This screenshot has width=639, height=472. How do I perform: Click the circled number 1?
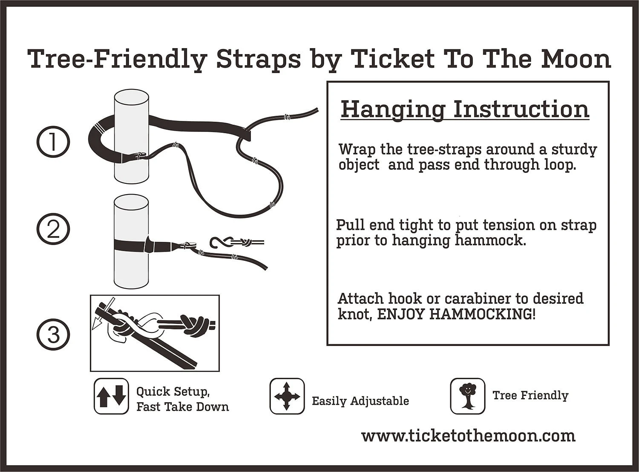pyautogui.click(x=53, y=142)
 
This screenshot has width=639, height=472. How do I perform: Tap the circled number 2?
pyautogui.click(x=53, y=230)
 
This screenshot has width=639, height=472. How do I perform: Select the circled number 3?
pyautogui.click(x=53, y=334)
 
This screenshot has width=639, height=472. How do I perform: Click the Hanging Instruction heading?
pyautogui.click(x=465, y=109)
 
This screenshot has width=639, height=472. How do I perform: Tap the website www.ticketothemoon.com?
pyautogui.click(x=468, y=435)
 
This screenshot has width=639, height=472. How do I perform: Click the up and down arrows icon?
pyautogui.click(x=111, y=396)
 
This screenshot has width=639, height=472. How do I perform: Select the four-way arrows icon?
pyautogui.click(x=287, y=396)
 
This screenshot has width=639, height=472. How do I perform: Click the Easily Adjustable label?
pyautogui.click(x=360, y=401)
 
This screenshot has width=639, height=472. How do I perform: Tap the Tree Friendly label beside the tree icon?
pyautogui.click(x=530, y=395)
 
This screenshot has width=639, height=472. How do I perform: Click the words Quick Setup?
pyautogui.click(x=173, y=392)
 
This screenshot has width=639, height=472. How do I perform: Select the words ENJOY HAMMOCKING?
pyautogui.click(x=457, y=314)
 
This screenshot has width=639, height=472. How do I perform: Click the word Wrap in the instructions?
pyautogui.click(x=357, y=150)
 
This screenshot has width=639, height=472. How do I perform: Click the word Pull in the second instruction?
pyautogui.click(x=351, y=225)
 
